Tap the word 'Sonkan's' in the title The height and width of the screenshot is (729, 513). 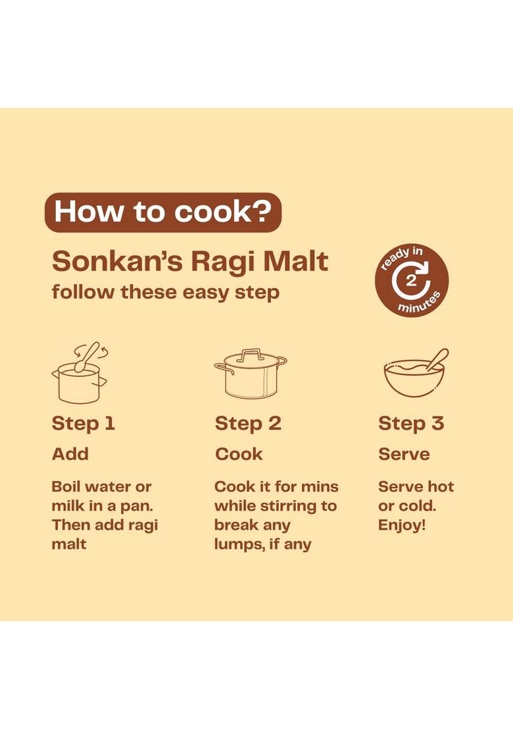[116, 261]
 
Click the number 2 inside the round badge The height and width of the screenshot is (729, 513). [411, 281]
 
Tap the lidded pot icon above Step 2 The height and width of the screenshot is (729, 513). [250, 374]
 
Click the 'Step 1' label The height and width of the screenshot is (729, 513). [84, 424]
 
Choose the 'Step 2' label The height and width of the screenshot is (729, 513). [248, 424]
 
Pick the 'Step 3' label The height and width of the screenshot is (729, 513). [411, 424]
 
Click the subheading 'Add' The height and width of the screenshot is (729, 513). [70, 454]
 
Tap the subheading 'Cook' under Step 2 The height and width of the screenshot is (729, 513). [239, 454]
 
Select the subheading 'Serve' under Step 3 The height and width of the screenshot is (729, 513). [404, 454]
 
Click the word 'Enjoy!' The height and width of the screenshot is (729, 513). [402, 526]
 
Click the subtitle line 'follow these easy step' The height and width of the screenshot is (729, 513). [166, 292]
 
